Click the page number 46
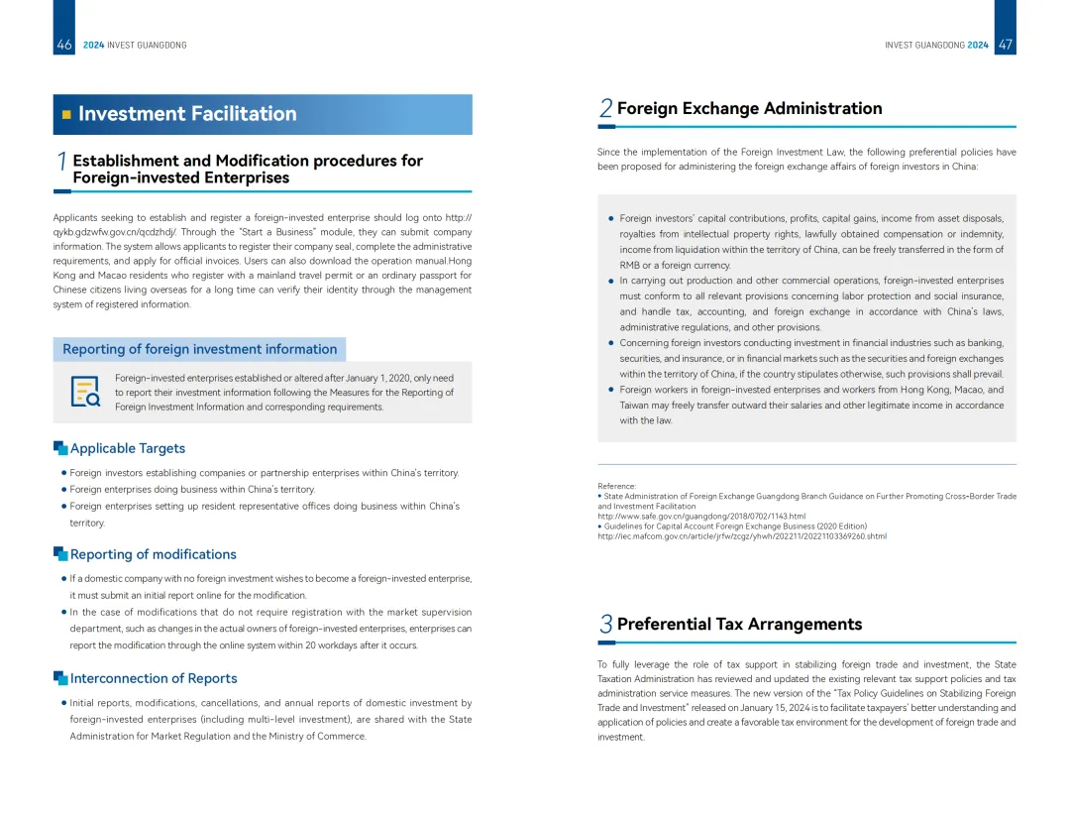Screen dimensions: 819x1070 [64, 45]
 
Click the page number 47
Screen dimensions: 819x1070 [1005, 45]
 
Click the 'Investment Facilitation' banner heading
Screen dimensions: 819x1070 [187, 114]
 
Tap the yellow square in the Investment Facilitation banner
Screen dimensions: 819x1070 [66, 114]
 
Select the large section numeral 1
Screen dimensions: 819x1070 [61, 162]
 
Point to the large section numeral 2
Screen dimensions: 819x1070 [605, 109]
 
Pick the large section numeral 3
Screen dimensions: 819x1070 [605, 625]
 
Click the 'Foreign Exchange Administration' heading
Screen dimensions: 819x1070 [749, 108]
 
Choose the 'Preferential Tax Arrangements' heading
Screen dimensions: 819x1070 [739, 624]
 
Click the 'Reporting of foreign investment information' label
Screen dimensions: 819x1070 [199, 349]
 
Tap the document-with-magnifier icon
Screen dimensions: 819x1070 [85, 392]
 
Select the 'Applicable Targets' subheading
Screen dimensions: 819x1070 [127, 448]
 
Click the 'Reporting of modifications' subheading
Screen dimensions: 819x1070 [153, 554]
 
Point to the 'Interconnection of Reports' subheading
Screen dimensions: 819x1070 [154, 678]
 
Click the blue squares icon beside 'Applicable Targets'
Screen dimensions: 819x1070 [60, 448]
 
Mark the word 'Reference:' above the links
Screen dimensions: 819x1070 [616, 486]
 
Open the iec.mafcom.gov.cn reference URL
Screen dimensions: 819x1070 [741, 536]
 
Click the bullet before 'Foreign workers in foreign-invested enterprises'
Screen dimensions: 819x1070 [611, 390]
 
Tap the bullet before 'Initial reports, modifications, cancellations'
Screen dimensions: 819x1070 [64, 703]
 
